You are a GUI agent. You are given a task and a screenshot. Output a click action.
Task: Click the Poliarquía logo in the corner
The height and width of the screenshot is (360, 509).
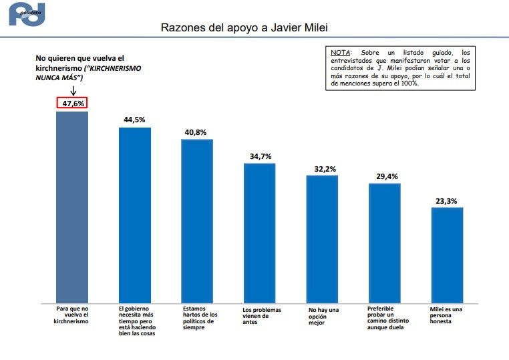(27, 14)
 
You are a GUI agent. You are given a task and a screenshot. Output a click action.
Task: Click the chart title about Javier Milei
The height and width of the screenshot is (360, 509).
(244, 29)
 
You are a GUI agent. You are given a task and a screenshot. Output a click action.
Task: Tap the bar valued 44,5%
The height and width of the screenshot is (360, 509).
(134, 214)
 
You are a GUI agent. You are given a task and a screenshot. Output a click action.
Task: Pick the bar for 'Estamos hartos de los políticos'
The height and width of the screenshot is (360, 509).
(197, 220)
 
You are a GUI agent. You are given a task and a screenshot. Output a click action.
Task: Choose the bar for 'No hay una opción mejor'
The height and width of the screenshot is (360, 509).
(322, 238)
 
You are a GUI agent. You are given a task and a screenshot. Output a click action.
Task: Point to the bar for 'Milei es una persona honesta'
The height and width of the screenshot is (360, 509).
(447, 254)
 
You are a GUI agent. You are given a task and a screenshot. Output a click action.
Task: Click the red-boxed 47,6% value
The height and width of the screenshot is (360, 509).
(72, 104)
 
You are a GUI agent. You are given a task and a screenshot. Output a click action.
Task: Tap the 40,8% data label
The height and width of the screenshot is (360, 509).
(197, 132)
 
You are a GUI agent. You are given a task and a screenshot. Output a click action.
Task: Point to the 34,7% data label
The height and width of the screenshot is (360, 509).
(259, 156)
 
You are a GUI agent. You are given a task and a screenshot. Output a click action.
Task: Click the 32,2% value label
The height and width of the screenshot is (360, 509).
(322, 169)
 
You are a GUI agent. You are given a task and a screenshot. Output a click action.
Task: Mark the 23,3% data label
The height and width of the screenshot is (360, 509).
(447, 200)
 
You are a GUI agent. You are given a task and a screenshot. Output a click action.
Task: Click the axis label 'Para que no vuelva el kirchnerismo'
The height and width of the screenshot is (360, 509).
(71, 315)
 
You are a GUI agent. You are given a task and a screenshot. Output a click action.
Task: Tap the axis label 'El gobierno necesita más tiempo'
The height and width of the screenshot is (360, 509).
(136, 321)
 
